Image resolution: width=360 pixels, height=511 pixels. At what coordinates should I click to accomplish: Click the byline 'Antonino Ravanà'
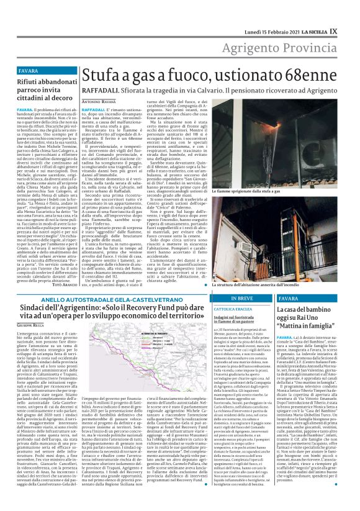coord(99,101)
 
